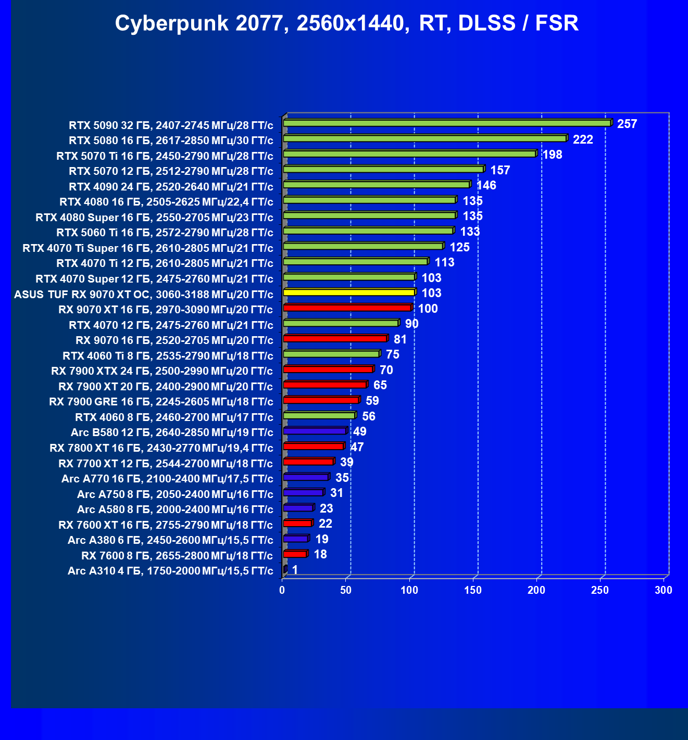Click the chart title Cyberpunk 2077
(x=346, y=23)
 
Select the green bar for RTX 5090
(x=447, y=123)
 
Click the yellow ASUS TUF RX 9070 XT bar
(x=348, y=292)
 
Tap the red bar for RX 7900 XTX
(x=328, y=369)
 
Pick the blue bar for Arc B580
(x=315, y=431)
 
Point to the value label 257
(x=627, y=124)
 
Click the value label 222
(x=583, y=139)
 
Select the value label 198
(x=552, y=155)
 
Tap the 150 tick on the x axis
(x=473, y=590)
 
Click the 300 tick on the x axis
(x=664, y=590)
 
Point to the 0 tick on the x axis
(x=282, y=590)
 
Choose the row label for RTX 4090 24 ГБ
(x=171, y=187)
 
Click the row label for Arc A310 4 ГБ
(x=170, y=571)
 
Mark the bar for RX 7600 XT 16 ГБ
(x=297, y=523)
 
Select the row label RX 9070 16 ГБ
(x=174, y=340)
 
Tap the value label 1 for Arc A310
(x=295, y=570)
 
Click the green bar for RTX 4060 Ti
(x=331, y=354)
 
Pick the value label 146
(x=486, y=185)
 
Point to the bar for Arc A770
(x=306, y=477)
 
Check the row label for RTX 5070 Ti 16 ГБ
(x=165, y=156)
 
